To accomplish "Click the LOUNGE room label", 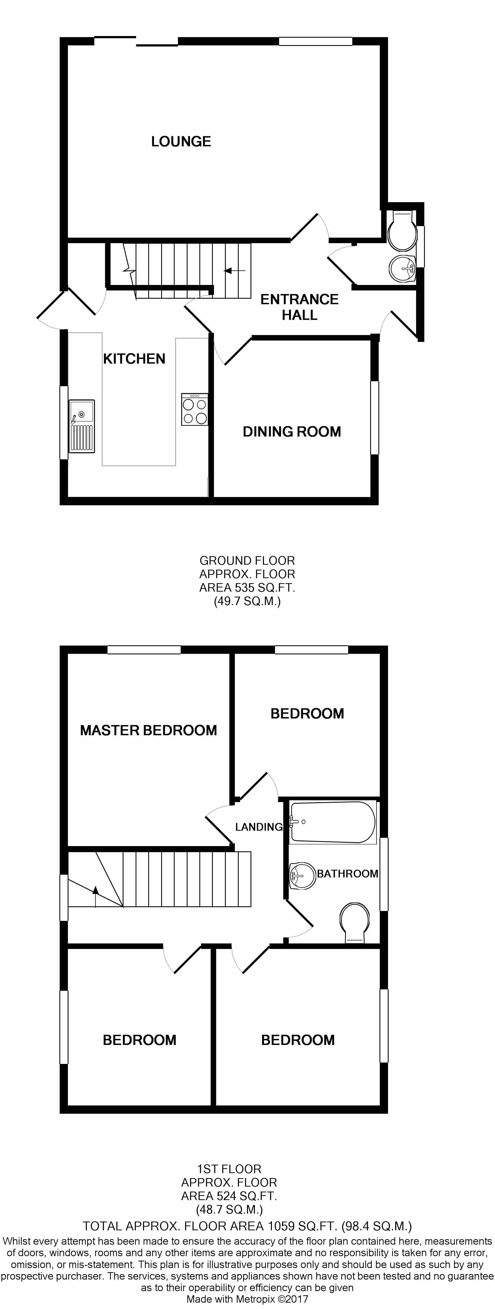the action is pos(181,141).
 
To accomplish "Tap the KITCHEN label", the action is pos(134,359).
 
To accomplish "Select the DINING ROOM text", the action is pos(292,431).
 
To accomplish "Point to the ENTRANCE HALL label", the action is pos(299,307).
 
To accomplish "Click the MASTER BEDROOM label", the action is pos(148,730).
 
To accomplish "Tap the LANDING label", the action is pos(259,827).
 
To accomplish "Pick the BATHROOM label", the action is pos(348,874).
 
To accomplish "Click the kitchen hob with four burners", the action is pos(195,409).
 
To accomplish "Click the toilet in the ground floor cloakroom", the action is pos(402,230).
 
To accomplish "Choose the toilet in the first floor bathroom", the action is pos(354,922).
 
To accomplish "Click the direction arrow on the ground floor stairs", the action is pos(234,270).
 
